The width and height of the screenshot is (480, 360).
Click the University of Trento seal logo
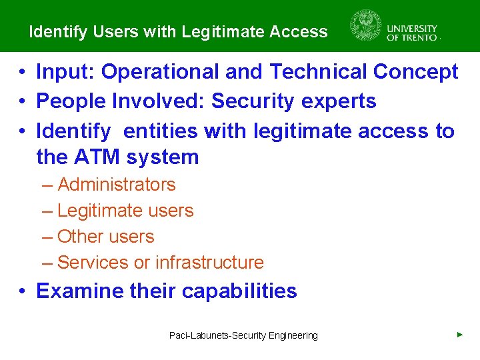tap(366, 26)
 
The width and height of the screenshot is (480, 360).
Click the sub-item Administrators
tap(117, 185)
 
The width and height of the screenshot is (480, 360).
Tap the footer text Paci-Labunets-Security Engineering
tap(243, 335)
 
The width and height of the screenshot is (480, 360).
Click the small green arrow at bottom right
tap(460, 334)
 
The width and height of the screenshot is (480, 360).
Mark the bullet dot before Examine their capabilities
tap(22, 292)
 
